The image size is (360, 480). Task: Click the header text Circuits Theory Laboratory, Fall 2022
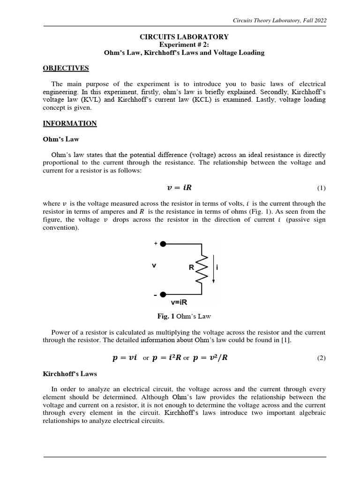point(280,20)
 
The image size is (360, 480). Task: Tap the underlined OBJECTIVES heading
point(66,68)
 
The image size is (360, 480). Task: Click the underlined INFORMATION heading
point(70,124)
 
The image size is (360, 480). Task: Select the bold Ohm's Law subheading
point(60,139)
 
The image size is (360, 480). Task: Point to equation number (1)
point(321,188)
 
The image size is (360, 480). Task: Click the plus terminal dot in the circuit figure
point(163,244)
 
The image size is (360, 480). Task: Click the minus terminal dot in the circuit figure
point(163,294)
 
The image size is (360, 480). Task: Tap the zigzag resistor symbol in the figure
point(202,269)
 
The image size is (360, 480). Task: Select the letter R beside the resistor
point(191,268)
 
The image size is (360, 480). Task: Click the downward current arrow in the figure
point(214,270)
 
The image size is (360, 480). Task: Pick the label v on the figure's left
point(154,265)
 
